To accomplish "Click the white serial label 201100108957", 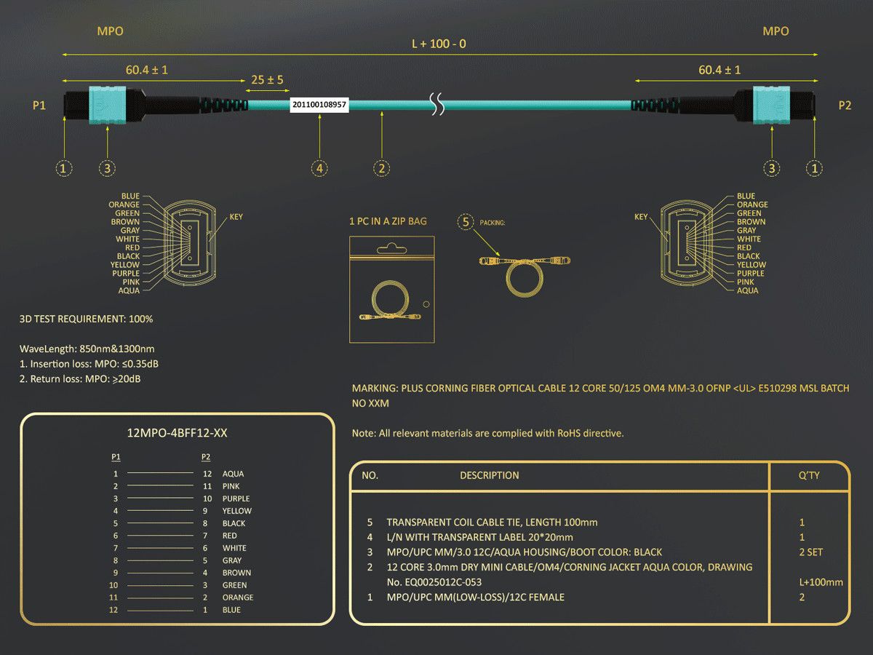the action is [319, 105].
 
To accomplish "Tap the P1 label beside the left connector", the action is [39, 106].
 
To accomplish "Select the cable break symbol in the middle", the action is [437, 104].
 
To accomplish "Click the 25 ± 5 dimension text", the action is [267, 79].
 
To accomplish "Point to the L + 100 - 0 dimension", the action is [439, 44].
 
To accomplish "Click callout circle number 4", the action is [319, 168].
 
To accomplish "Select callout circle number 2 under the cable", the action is [381, 168].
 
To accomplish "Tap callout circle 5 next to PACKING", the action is [466, 222].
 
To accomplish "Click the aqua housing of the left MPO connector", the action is [108, 105].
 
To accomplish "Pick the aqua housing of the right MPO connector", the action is [771, 105].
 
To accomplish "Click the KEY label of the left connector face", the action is [236, 217].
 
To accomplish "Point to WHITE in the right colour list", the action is [749, 239].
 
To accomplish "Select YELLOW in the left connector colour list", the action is [125, 265].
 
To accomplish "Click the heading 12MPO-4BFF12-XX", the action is [177, 433].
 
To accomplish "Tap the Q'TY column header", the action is [809, 475].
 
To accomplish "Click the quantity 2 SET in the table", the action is [811, 552].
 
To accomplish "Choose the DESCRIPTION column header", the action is [489, 475].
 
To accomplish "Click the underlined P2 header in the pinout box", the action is [206, 457].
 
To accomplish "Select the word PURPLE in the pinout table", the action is [236, 499].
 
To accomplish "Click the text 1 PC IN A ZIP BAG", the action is [388, 221].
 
